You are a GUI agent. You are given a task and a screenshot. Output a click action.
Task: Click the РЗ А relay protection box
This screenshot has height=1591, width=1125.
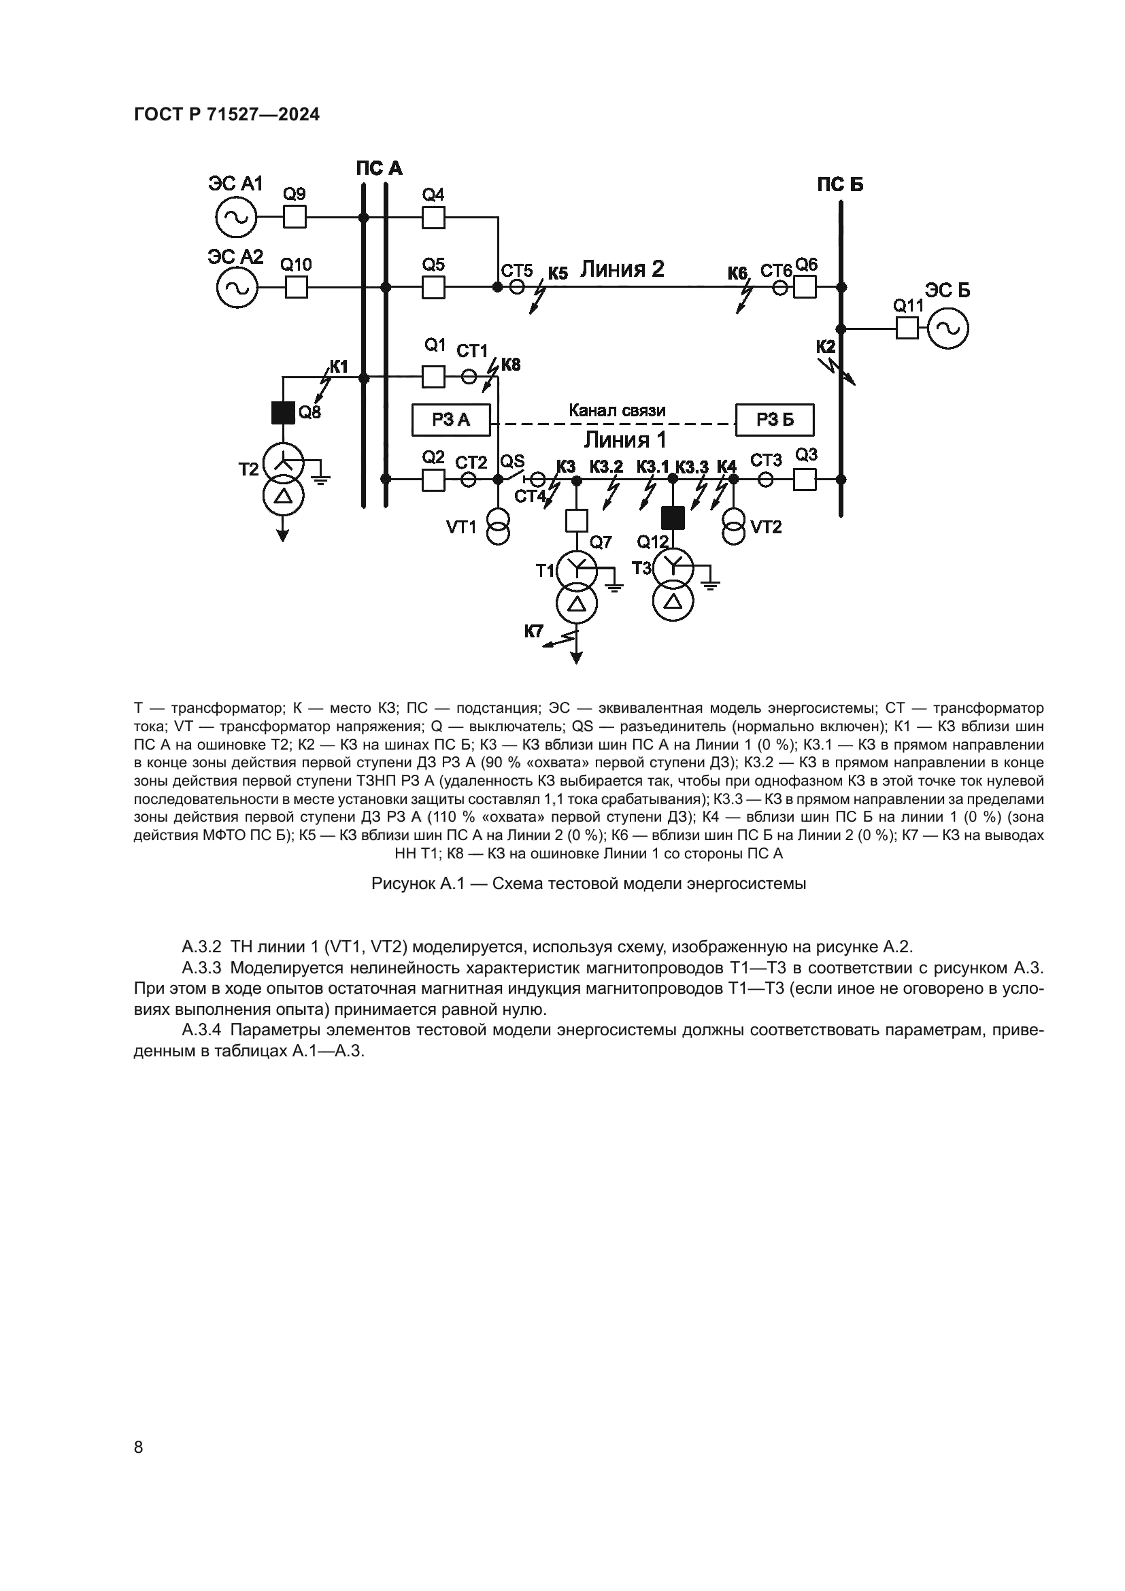[451, 419]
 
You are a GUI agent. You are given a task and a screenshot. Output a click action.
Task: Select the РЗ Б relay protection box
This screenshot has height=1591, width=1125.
[775, 419]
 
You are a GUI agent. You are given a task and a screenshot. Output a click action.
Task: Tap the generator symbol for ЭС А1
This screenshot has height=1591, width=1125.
[236, 218]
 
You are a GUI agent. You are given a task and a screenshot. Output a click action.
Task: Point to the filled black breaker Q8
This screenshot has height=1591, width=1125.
[283, 413]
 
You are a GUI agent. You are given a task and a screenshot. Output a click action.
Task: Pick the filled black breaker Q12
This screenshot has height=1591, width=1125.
[672, 518]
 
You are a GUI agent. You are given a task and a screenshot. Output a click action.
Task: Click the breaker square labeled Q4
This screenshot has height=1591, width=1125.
[434, 218]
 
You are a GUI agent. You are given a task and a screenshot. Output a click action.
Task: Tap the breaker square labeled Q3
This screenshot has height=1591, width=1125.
[804, 479]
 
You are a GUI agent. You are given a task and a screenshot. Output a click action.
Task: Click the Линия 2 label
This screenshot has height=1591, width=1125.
[622, 268]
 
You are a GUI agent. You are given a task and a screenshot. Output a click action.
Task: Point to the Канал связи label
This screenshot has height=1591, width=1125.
[617, 410]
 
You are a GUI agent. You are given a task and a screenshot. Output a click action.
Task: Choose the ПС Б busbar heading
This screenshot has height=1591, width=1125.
[839, 185]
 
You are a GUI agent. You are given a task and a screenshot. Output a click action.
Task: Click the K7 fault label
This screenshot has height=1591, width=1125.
[533, 631]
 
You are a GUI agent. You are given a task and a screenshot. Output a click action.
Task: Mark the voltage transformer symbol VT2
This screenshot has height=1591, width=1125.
[734, 526]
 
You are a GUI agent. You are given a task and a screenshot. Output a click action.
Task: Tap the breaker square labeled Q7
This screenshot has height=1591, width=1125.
[576, 520]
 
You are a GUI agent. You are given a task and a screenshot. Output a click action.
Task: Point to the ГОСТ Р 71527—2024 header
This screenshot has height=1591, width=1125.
[226, 114]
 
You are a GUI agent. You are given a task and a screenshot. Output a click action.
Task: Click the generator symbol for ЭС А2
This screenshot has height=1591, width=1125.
[236, 287]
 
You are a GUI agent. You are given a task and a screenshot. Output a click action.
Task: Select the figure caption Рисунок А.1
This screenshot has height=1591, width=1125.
[589, 884]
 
